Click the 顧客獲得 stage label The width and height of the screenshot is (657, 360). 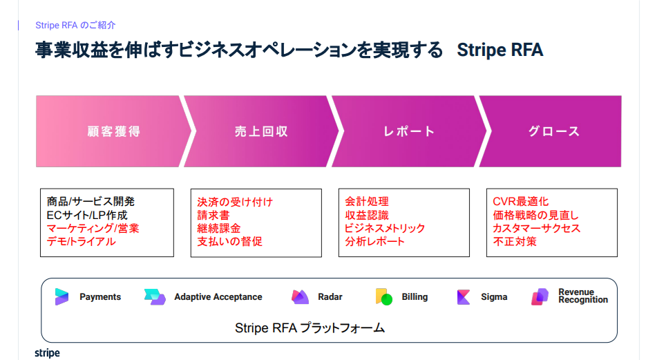[x=113, y=131]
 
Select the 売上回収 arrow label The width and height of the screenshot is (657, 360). [x=261, y=131]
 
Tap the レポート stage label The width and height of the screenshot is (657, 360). [x=409, y=131]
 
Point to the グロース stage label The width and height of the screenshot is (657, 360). [x=554, y=131]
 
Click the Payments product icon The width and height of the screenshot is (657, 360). [x=61, y=296]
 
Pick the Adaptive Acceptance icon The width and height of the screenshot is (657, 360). [x=155, y=296]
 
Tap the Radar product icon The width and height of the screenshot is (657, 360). [x=300, y=296]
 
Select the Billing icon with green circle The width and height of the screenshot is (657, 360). [x=384, y=296]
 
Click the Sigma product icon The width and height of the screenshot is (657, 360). [x=464, y=297]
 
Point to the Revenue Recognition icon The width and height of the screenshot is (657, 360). [x=540, y=296]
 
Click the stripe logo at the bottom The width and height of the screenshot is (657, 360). [x=47, y=353]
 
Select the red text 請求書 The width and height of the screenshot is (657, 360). [x=213, y=216]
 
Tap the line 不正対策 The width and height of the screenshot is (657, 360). [x=515, y=241]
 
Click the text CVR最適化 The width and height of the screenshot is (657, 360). [x=520, y=202]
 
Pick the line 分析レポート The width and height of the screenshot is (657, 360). [x=374, y=241]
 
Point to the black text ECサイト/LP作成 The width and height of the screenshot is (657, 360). [x=87, y=216]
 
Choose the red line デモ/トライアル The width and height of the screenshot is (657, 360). [x=81, y=241]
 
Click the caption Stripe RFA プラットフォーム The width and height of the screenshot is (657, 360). [x=310, y=328]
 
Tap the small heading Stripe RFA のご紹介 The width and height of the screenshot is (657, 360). [x=75, y=25]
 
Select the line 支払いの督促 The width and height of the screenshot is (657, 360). [x=229, y=241]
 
